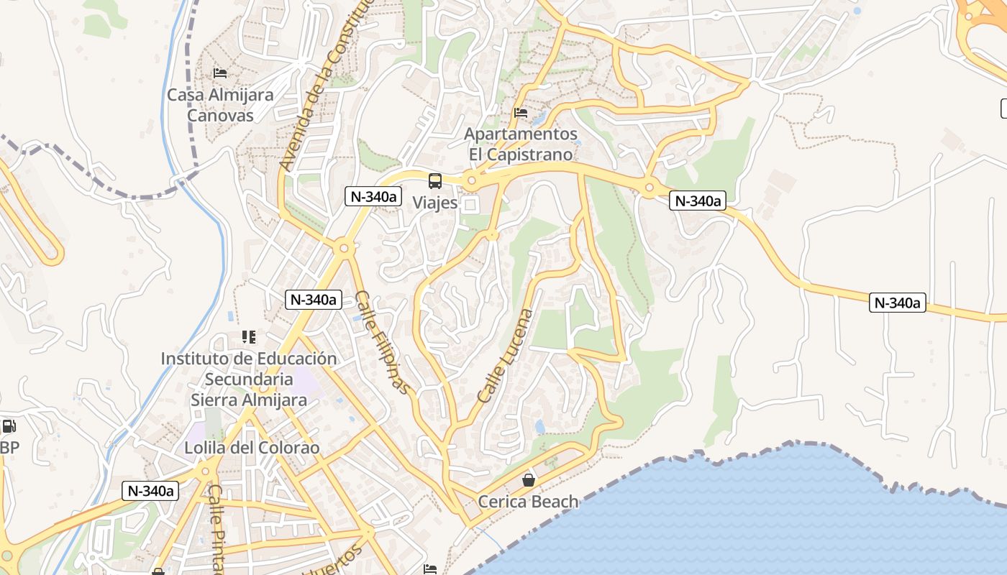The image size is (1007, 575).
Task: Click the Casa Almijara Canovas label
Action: [220, 105]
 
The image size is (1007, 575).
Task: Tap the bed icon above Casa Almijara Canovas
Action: [220, 73]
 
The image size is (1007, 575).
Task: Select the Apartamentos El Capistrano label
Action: [521, 144]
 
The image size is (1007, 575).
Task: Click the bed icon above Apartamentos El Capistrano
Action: [521, 113]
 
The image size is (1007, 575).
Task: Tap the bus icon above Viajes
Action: [435, 181]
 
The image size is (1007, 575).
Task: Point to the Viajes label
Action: [435, 203]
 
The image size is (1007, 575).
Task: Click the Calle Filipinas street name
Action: [382, 342]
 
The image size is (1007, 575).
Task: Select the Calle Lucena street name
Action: [506, 355]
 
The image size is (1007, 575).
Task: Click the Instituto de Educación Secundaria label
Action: [249, 379]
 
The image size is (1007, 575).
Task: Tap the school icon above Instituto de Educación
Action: [249, 336]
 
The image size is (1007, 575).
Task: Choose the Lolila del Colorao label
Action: [252, 448]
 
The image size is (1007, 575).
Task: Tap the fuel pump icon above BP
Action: [9, 426]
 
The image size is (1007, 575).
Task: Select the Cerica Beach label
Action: [529, 502]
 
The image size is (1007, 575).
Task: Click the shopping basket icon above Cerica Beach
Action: [529, 480]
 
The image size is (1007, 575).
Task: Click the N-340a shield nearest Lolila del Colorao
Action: [150, 491]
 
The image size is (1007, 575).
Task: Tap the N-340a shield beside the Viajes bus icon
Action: [373, 196]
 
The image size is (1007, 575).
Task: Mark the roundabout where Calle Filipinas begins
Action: [344, 249]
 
